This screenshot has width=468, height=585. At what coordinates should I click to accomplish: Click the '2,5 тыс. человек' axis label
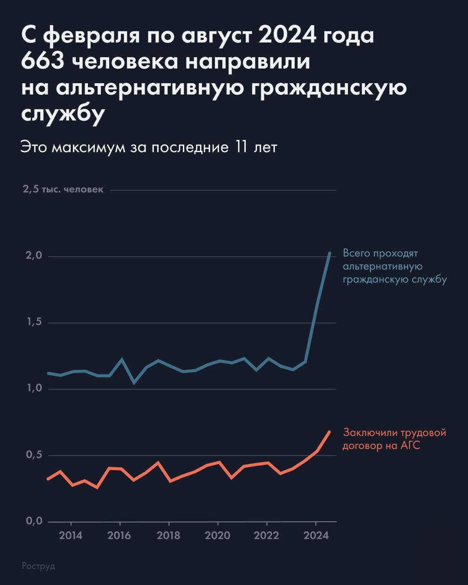63,190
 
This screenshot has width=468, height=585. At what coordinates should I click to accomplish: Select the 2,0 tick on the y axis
33,256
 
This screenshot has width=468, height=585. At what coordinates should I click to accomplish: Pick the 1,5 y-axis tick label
33,323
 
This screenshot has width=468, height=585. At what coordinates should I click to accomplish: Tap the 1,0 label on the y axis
33,389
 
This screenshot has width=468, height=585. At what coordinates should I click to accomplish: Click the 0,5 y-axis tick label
33,455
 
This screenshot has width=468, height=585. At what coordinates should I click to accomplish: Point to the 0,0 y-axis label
33,521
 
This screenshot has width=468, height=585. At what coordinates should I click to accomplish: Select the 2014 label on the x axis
71,536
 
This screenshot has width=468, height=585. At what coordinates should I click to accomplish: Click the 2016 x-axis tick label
120,536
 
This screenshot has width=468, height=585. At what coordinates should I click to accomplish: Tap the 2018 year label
169,536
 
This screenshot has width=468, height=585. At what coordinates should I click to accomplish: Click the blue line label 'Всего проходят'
381,253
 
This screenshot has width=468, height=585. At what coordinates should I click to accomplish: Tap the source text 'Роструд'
38,566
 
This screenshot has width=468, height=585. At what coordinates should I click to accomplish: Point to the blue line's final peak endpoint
330,253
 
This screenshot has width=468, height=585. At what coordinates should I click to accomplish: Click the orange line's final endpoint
329,432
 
